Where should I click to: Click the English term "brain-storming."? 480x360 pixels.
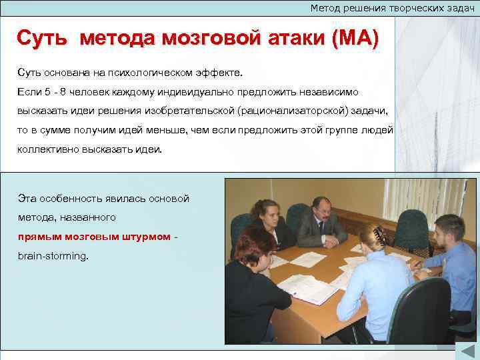[53, 256]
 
